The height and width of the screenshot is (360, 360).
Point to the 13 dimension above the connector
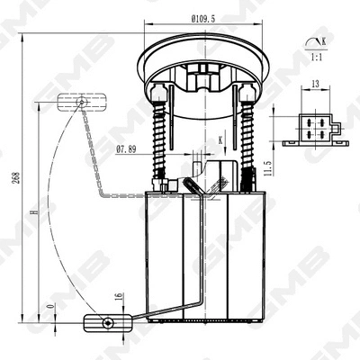(314, 85)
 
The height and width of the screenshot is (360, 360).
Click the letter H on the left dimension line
(33, 213)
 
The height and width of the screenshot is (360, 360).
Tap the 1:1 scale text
(316, 56)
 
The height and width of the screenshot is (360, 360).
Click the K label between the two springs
(219, 140)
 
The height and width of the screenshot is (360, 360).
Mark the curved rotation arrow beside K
(311, 41)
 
